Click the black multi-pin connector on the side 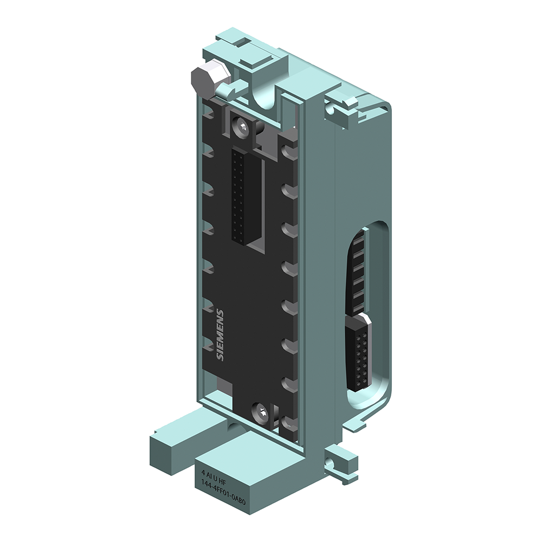pyautogui.click(x=358, y=352)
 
